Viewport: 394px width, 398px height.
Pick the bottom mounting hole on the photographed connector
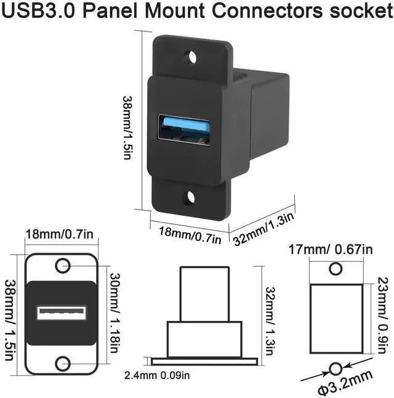click(190, 198)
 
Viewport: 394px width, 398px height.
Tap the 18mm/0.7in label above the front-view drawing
click(60, 235)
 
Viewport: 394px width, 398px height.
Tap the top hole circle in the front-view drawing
click(62, 267)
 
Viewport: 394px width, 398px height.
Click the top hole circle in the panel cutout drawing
click(336, 269)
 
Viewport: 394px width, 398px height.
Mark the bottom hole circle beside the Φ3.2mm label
click(336, 369)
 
